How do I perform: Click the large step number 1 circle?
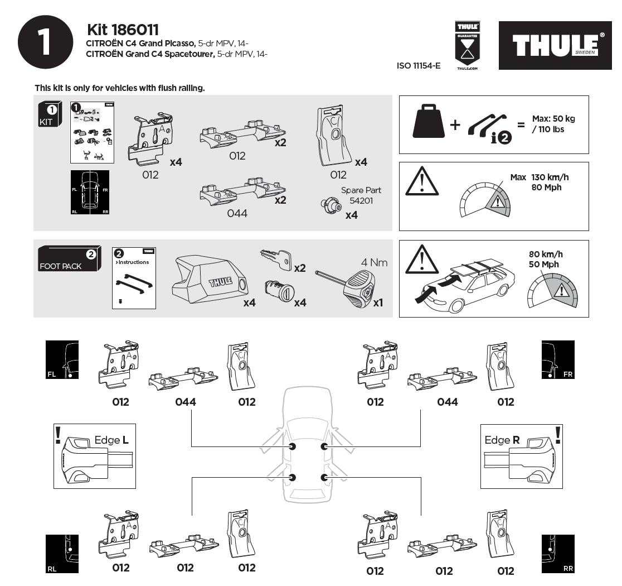pyautogui.click(x=45, y=42)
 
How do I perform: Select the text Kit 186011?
pyautogui.click(x=123, y=30)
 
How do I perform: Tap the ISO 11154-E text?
pyautogui.click(x=418, y=66)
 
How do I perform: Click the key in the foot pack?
pyautogui.click(x=276, y=258)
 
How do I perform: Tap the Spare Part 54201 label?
pyautogui.click(x=361, y=195)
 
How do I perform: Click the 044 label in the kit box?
pyautogui.click(x=237, y=213)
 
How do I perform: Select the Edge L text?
pyautogui.click(x=111, y=440)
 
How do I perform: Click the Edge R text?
pyautogui.click(x=502, y=440)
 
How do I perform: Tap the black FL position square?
pyautogui.click(x=62, y=360)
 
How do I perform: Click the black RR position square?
pyautogui.click(x=557, y=554)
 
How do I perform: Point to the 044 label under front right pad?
pyautogui.click(x=447, y=402)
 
